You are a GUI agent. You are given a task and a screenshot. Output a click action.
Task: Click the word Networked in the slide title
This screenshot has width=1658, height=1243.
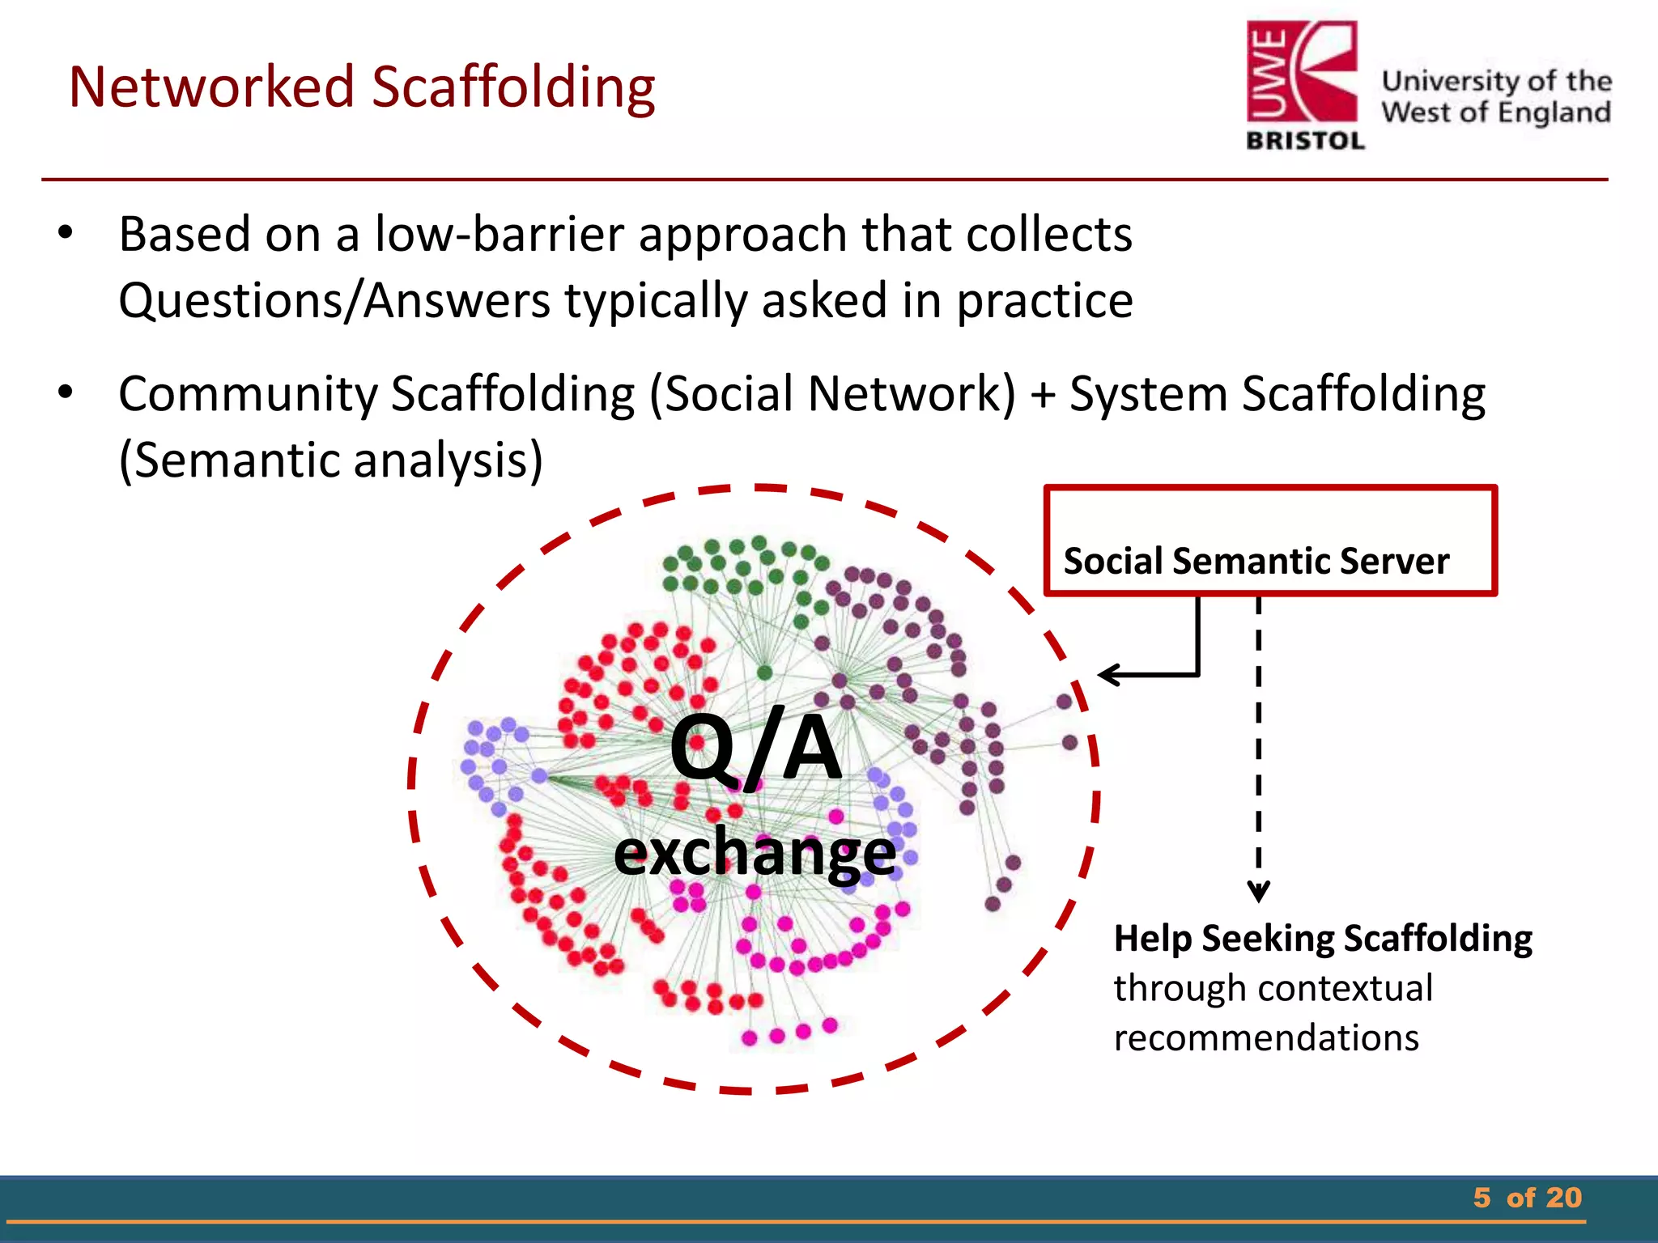(x=212, y=87)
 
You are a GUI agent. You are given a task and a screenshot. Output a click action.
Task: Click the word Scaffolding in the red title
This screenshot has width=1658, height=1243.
(x=513, y=87)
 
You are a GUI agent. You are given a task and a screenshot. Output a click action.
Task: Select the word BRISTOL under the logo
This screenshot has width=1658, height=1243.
(x=1305, y=141)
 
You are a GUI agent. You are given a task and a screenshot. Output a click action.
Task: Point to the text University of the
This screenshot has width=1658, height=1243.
(x=1496, y=81)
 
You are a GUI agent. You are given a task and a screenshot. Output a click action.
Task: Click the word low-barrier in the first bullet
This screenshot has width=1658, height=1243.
(x=499, y=235)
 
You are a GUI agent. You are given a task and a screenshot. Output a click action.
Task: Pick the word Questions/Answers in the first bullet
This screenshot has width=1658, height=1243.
(x=334, y=301)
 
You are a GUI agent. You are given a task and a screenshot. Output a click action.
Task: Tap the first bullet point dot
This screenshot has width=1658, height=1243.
(x=66, y=234)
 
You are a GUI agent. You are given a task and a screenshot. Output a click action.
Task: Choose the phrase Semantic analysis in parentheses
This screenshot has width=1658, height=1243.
(x=330, y=460)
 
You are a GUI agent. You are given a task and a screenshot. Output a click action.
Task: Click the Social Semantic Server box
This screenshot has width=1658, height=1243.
(x=1269, y=541)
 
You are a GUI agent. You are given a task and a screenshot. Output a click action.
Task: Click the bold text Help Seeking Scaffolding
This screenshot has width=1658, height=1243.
(x=1323, y=939)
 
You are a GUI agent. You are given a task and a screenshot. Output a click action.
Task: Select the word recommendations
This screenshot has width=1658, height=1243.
(x=1266, y=1038)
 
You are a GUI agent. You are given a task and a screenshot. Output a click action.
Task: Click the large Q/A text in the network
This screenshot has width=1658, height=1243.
(x=755, y=748)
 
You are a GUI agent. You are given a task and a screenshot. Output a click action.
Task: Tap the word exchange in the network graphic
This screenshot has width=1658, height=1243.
(x=755, y=853)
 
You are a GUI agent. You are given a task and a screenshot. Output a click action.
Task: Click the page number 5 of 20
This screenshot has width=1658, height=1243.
(x=1527, y=1198)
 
